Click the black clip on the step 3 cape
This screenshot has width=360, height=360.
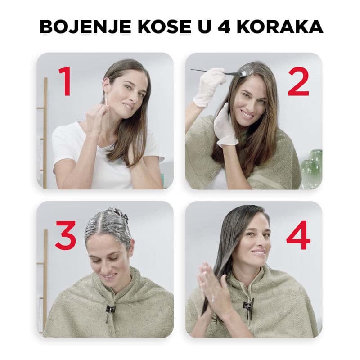(110, 310)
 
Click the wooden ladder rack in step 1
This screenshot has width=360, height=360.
(44, 130)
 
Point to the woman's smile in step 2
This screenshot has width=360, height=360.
(247, 113)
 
